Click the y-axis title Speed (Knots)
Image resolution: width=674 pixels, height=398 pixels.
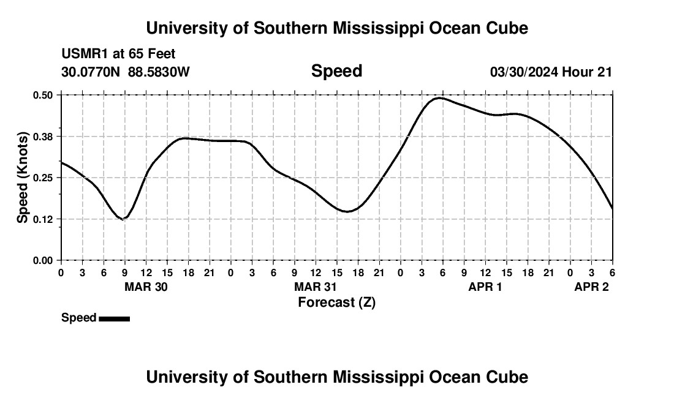tap(23, 178)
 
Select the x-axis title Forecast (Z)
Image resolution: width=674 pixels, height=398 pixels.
tap(336, 302)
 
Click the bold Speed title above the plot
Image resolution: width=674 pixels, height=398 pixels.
tap(336, 71)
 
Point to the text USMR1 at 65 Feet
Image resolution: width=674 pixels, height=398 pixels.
tap(118, 54)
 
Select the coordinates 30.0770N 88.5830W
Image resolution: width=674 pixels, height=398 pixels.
tap(126, 72)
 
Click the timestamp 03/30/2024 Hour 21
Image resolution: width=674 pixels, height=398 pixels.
tap(551, 72)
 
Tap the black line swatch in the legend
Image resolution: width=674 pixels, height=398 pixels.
tap(114, 318)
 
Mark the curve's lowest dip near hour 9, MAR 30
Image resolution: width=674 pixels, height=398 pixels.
tap(124, 219)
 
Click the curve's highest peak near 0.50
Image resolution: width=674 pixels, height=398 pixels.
tap(439, 97)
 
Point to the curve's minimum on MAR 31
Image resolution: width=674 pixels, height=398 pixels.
tap(347, 212)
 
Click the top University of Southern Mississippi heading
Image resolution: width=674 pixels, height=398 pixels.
tap(336, 28)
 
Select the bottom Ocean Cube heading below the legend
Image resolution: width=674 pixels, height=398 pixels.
tap(336, 377)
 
